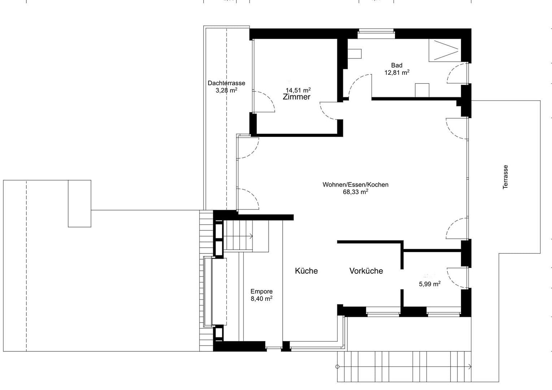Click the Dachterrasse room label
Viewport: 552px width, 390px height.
[226, 83]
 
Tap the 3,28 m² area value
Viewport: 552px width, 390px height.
[226, 90]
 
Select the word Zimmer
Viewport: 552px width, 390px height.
[296, 97]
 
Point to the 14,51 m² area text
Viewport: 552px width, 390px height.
[298, 90]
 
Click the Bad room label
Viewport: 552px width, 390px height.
[396, 65]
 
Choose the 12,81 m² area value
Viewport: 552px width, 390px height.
[396, 73]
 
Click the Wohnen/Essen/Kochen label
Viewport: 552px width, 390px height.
[355, 185]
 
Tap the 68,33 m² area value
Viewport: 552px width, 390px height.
[355, 192]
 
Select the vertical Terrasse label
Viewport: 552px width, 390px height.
[505, 177]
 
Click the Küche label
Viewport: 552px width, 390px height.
[306, 271]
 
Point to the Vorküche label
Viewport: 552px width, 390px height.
[366, 271]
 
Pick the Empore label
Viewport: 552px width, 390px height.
[261, 291]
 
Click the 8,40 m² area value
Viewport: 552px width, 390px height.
[261, 299]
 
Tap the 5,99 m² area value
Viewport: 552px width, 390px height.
[429, 284]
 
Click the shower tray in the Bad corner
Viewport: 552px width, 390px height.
[444, 50]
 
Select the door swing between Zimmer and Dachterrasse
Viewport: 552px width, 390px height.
[265, 102]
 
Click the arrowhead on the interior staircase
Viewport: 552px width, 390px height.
[251, 236]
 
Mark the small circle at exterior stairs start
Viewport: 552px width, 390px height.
[338, 367]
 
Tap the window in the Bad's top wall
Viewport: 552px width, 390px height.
[376, 34]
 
